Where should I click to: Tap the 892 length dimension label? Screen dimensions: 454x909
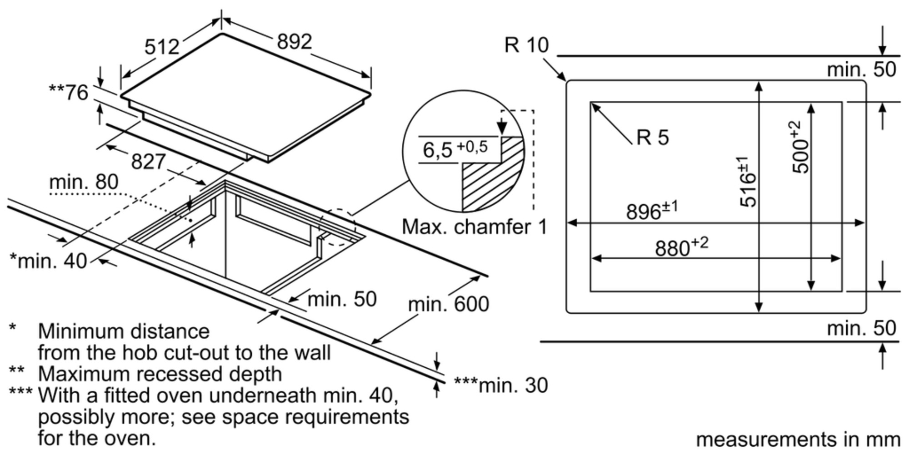point(295,42)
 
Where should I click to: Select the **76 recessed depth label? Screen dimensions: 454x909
point(69,93)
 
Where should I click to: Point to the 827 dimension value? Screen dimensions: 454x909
point(148,162)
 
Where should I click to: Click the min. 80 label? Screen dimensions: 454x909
point(84,183)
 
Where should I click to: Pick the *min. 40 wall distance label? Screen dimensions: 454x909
point(48,261)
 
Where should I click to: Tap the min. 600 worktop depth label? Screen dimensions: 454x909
point(448,304)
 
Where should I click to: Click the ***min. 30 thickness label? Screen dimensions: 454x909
point(501,385)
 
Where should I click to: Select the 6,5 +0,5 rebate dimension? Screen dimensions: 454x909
point(454,149)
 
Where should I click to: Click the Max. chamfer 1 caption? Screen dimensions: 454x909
point(474,227)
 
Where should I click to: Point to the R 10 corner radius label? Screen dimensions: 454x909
point(526,45)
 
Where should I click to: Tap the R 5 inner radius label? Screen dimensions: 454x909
point(653,137)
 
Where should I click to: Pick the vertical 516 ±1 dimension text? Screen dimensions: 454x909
point(748,182)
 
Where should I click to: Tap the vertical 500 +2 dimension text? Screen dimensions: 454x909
point(801,147)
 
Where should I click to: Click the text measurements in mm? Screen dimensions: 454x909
point(798,439)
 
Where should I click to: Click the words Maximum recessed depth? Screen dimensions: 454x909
point(160,374)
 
